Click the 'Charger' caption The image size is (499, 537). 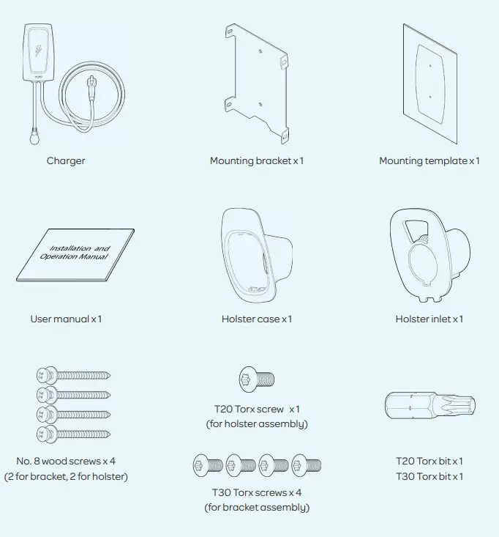pos(66,160)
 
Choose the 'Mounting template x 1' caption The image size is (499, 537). pos(429,160)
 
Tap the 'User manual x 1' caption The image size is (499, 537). pos(66,319)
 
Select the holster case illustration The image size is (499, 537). pos(256,256)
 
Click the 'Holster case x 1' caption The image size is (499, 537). pos(257,319)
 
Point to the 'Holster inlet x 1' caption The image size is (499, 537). pos(429,319)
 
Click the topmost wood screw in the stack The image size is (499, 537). pos(72,376)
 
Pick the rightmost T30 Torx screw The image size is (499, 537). pos(306,463)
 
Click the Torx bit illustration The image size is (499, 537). pos(430,405)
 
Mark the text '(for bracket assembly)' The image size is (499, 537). pos(257,508)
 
